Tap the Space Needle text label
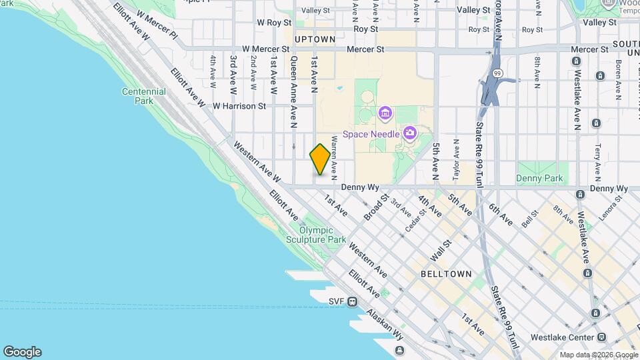click(x=371, y=134)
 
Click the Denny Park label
click(x=539, y=178)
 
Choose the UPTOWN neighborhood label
click(x=315, y=39)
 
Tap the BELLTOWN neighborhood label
click(x=446, y=274)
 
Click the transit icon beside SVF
click(x=352, y=302)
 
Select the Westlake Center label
click(x=567, y=337)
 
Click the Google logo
click(x=22, y=352)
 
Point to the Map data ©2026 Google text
click(x=598, y=355)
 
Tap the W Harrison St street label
click(x=239, y=105)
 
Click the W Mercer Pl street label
click(x=157, y=23)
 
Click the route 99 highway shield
click(x=497, y=71)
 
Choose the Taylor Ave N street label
click(x=456, y=160)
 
